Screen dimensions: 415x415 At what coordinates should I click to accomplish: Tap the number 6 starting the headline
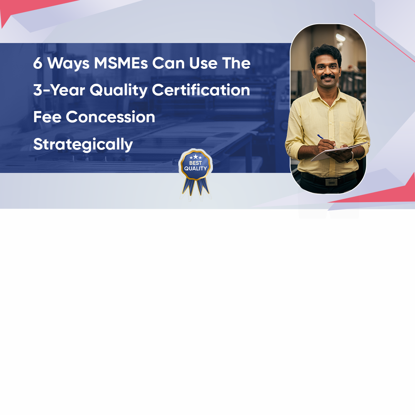[x=38, y=63]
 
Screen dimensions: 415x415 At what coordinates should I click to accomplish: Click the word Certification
[x=201, y=90]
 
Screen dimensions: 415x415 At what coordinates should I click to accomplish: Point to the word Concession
[x=110, y=117]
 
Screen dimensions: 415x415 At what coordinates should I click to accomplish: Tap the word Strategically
[x=83, y=144]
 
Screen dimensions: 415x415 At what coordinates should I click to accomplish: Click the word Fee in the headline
[x=47, y=117]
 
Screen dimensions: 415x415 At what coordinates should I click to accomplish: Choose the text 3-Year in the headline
[x=59, y=90]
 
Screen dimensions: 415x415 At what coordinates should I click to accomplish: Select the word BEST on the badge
[x=196, y=163]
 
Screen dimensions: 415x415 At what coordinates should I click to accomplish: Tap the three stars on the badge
[x=196, y=157]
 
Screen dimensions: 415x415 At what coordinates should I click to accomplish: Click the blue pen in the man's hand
[x=327, y=141]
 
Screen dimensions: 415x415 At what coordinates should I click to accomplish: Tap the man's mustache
[x=328, y=77]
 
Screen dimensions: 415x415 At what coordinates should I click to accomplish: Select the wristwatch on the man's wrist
[x=351, y=157]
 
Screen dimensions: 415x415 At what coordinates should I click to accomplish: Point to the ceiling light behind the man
[x=340, y=38]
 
